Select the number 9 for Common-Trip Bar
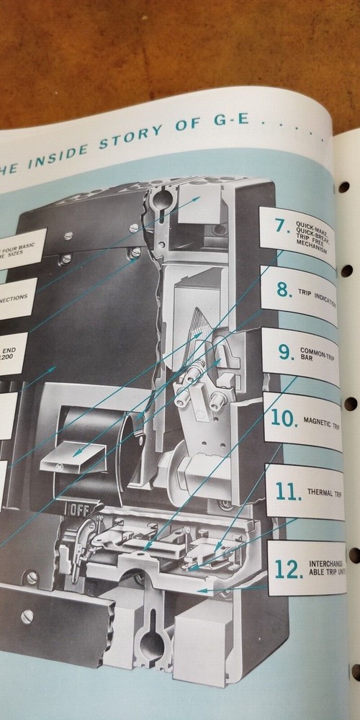[x=286, y=353]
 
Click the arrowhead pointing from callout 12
[x=199, y=590]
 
